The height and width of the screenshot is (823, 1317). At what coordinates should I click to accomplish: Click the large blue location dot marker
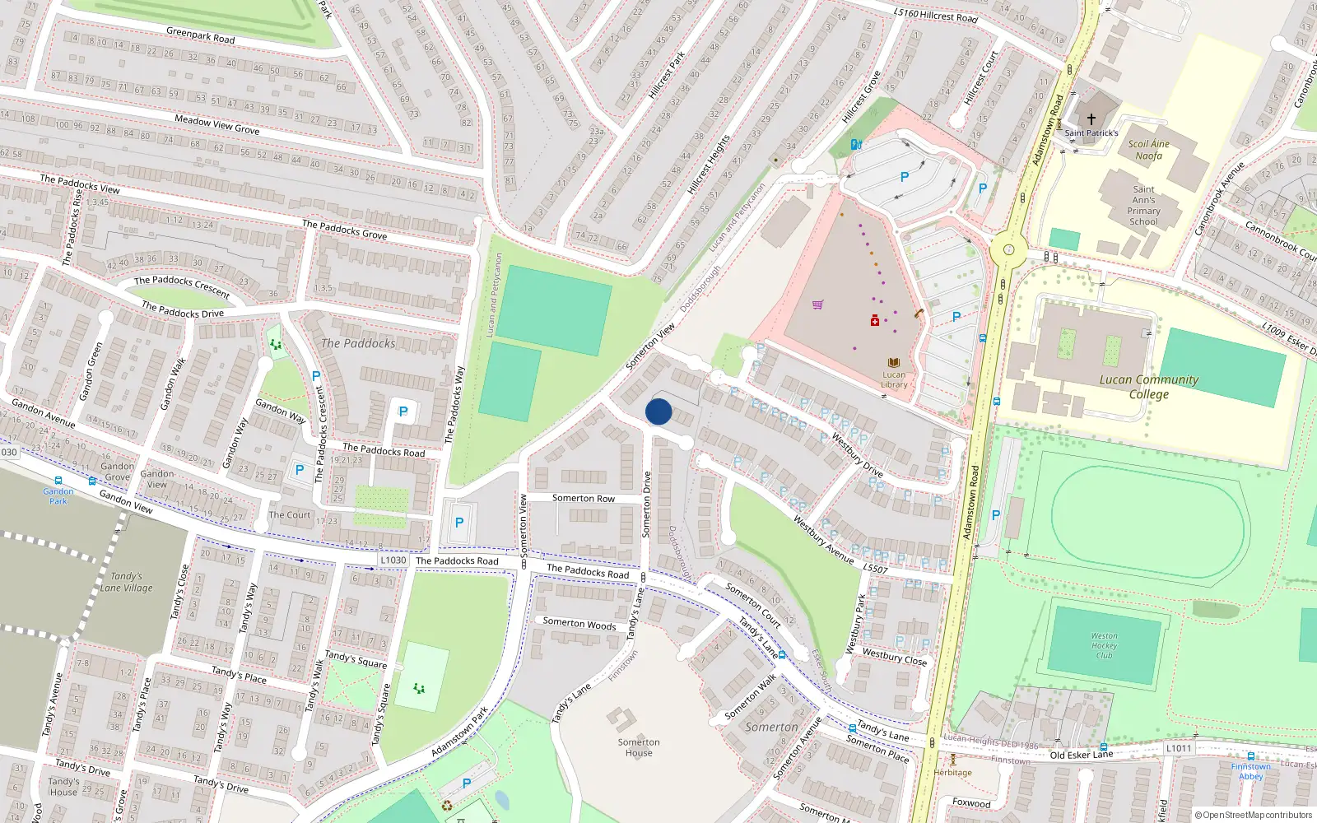click(658, 411)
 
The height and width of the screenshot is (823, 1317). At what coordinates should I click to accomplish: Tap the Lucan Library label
click(894, 379)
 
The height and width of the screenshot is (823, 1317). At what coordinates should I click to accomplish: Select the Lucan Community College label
click(1149, 387)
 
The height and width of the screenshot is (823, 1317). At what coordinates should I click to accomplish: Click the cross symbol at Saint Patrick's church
click(1091, 119)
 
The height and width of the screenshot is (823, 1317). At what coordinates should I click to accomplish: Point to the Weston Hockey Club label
click(1105, 645)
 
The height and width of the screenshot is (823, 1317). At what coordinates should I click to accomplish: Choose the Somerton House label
click(639, 747)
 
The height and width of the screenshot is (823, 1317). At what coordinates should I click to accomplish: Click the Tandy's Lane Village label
click(127, 582)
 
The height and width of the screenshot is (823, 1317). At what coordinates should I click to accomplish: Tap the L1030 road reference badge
click(393, 560)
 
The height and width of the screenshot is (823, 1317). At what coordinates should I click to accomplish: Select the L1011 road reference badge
click(1178, 748)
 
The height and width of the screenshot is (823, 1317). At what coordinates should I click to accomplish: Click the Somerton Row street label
click(583, 499)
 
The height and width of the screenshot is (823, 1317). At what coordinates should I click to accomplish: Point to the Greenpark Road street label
click(201, 35)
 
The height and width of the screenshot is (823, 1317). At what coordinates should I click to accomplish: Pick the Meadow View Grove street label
click(217, 124)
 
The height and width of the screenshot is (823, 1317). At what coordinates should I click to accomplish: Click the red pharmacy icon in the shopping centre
click(875, 320)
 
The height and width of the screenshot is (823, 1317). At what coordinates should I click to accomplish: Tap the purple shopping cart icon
click(817, 305)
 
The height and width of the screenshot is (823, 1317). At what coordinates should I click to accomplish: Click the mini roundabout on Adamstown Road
click(1008, 249)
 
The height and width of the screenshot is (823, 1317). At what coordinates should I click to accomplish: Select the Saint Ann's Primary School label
click(1144, 205)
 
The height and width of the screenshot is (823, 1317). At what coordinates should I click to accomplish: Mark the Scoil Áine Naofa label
click(1149, 150)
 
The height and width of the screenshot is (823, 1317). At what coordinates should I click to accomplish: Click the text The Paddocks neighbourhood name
click(358, 343)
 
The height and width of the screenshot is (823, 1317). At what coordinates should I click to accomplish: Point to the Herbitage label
click(953, 772)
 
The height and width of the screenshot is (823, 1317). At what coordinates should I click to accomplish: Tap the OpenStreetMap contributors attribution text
click(1254, 816)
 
